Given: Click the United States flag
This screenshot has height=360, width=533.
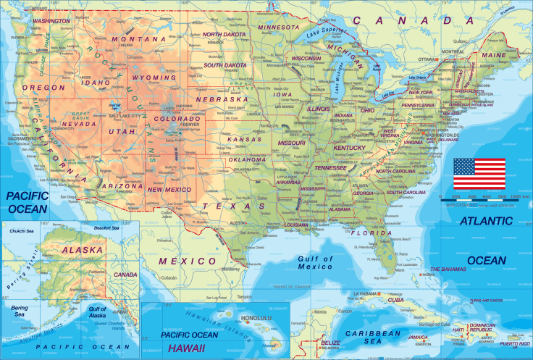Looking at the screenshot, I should point(479,174).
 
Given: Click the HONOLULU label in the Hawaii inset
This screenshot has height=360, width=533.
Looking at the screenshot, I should point(256,317).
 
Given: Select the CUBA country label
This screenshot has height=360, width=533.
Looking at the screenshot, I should point(395,299).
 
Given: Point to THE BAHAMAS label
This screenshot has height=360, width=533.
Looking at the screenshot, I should point(450,269).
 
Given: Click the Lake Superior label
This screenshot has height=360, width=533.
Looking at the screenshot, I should point(323,30).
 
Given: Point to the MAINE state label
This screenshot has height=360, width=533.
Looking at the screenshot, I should point(494,54).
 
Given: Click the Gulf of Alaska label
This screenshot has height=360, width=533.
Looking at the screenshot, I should point(98,312).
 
